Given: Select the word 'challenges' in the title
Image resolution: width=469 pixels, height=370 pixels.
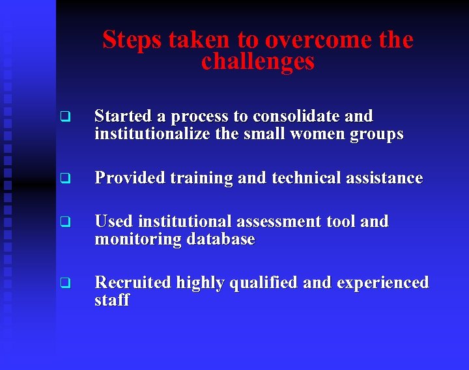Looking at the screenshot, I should point(258,62).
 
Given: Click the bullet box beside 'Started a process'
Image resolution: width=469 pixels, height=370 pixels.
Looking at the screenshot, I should point(64,118).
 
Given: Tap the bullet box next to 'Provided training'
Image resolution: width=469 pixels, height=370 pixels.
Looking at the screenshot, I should point(64,178).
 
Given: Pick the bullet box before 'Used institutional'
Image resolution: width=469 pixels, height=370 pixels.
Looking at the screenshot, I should point(64,222).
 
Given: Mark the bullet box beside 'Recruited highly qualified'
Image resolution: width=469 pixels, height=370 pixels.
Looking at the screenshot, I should point(64,283).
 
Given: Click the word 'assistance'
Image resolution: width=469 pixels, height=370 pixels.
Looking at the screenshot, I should point(387,178).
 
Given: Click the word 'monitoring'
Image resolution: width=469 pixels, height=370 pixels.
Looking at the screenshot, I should point(138,240).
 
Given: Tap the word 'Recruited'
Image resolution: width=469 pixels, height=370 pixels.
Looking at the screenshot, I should point(131,283).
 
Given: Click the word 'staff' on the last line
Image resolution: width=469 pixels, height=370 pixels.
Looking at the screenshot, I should point(112,300).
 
